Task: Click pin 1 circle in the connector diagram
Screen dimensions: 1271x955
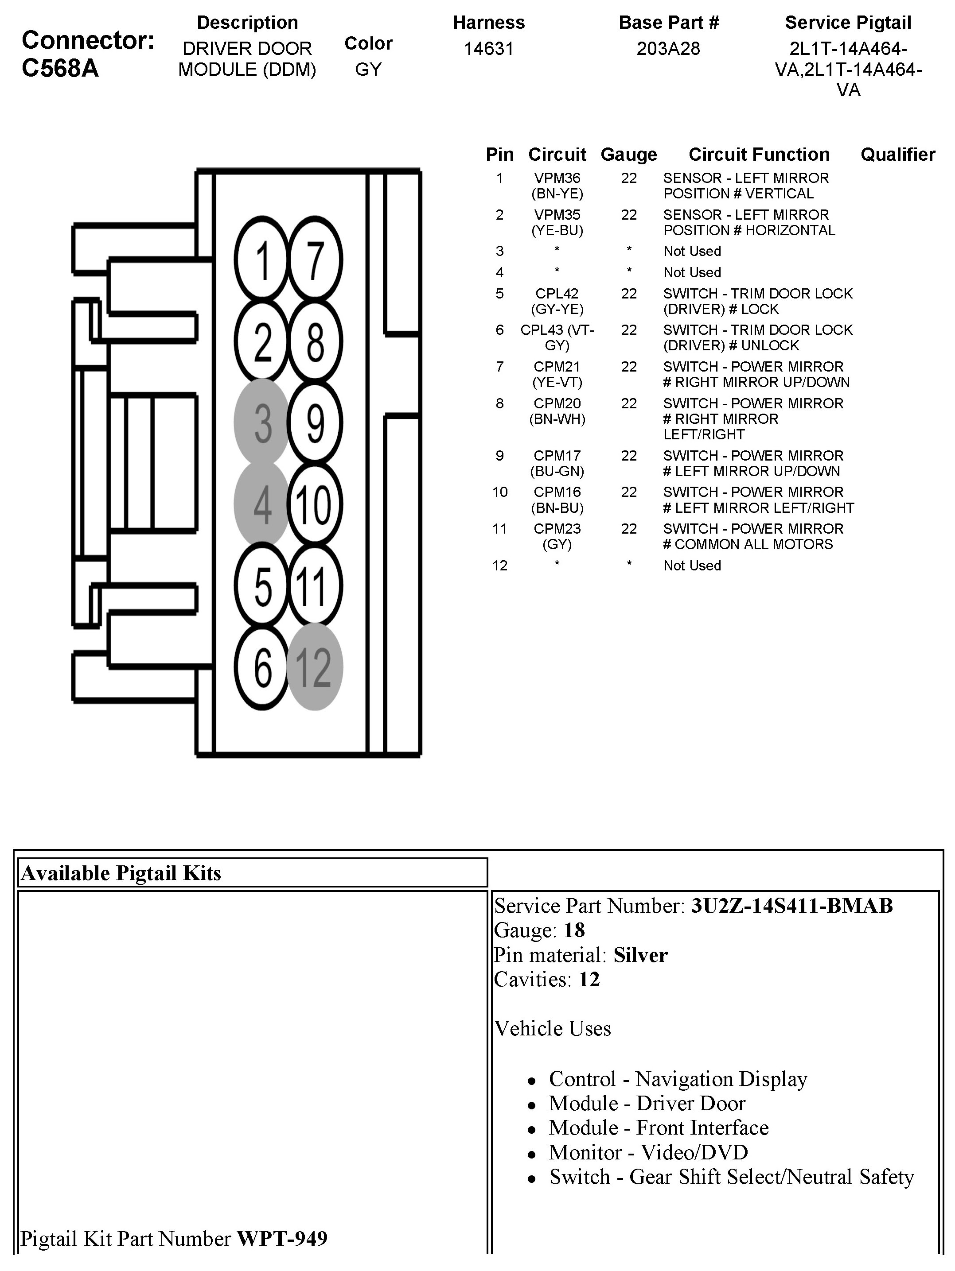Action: pos(262,260)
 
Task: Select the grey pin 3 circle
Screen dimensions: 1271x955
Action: pos(262,423)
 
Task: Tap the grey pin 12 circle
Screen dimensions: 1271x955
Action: pos(314,667)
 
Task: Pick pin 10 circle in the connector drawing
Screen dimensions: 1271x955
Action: pos(314,504)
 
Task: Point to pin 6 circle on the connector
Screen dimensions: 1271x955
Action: pos(262,667)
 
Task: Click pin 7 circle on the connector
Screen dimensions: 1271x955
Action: pos(314,260)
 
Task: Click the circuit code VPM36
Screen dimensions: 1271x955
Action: pos(557,178)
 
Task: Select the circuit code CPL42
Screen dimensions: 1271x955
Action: pos(557,294)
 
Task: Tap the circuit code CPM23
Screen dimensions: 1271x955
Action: pos(557,529)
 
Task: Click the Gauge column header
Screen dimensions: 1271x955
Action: pos(628,155)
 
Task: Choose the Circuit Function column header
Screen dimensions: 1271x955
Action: pos(759,155)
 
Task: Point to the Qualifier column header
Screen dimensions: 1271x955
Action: pos(897,155)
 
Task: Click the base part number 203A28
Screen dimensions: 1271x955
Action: pos(668,49)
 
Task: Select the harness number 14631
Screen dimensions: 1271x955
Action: pos(489,49)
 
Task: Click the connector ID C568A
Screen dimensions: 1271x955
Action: pos(60,68)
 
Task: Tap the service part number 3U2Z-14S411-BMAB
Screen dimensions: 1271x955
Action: pos(792,906)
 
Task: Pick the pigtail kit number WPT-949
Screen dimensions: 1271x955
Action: pos(282,1238)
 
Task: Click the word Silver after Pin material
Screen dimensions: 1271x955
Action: pos(640,955)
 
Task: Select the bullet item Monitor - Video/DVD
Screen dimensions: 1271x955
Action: pos(648,1152)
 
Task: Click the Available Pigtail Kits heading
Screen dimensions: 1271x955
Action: pos(121,873)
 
